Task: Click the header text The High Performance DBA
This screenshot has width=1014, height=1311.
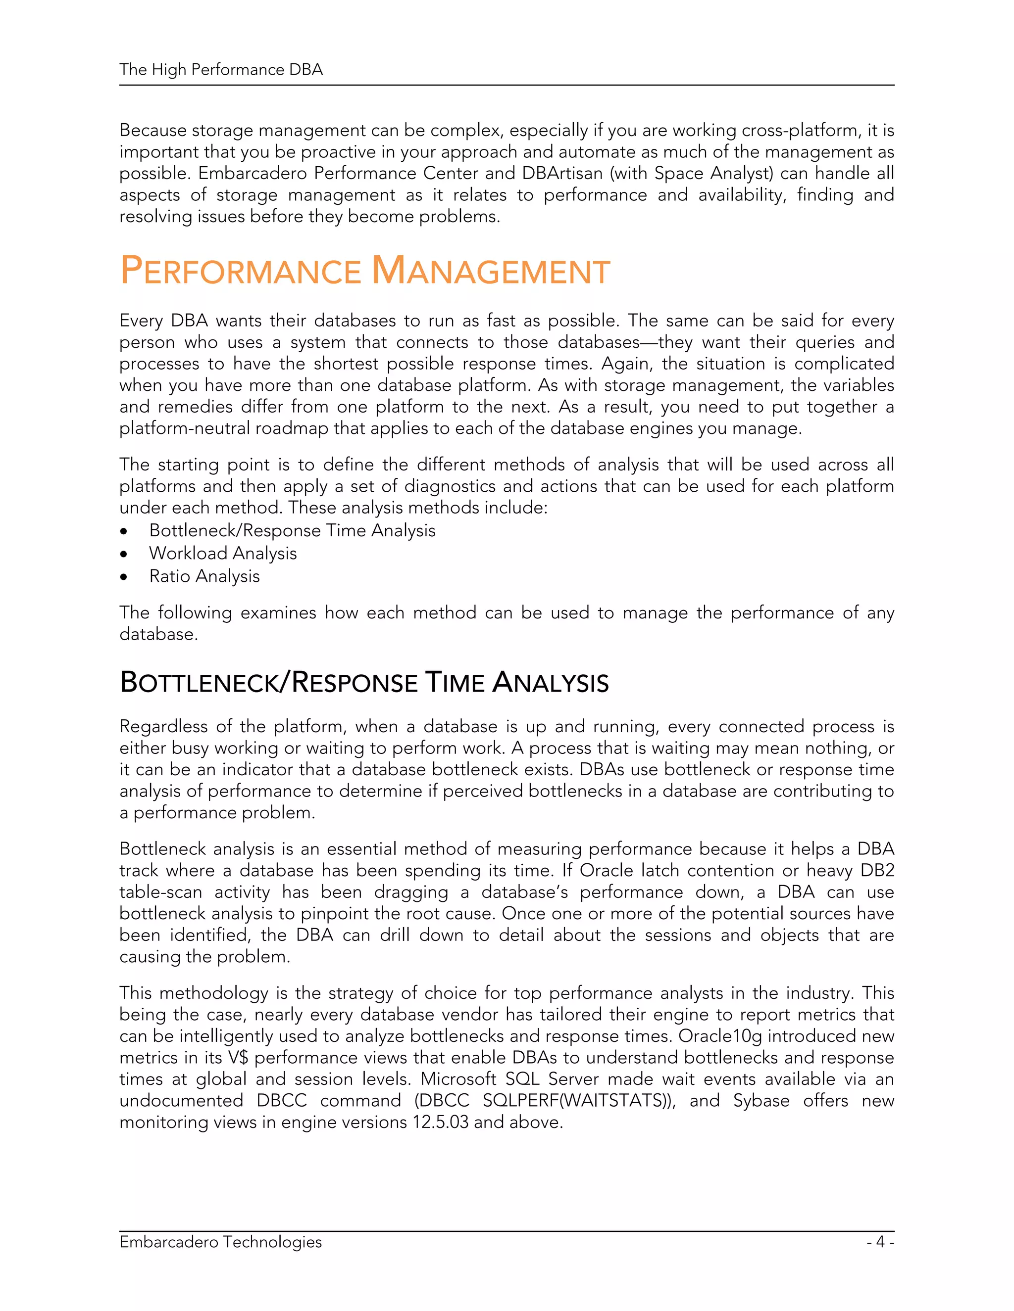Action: (x=221, y=70)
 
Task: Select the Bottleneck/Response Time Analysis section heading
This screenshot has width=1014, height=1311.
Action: (x=364, y=683)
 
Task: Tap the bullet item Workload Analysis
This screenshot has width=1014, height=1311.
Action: (x=223, y=553)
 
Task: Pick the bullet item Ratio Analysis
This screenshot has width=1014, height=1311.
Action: (x=204, y=576)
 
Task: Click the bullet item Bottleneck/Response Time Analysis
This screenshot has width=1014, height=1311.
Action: (x=292, y=531)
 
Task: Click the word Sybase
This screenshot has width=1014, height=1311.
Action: (x=760, y=1101)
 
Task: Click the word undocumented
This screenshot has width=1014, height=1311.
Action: (x=181, y=1101)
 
